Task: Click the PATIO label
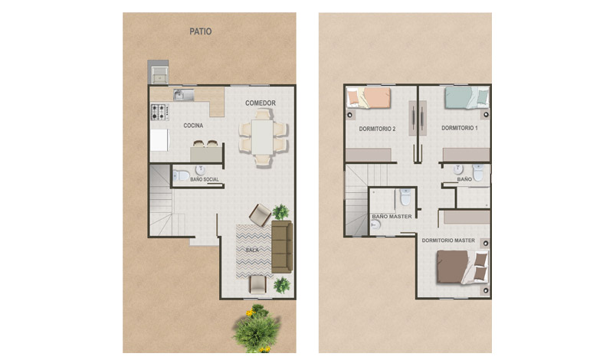201,31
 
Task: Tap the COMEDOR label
261,103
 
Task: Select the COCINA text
193,126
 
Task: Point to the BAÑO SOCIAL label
205,179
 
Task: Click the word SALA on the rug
252,250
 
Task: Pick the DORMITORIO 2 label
377,129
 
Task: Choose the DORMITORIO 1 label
460,128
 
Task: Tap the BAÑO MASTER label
392,217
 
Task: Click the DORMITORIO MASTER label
448,241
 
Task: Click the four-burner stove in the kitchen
160,112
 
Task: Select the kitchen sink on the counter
183,95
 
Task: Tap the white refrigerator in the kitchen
159,140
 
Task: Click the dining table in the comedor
262,137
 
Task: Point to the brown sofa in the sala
282,247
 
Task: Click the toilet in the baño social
182,175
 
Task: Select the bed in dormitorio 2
369,98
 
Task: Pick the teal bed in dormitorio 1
467,97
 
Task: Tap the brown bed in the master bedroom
463,267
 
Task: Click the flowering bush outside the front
257,329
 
